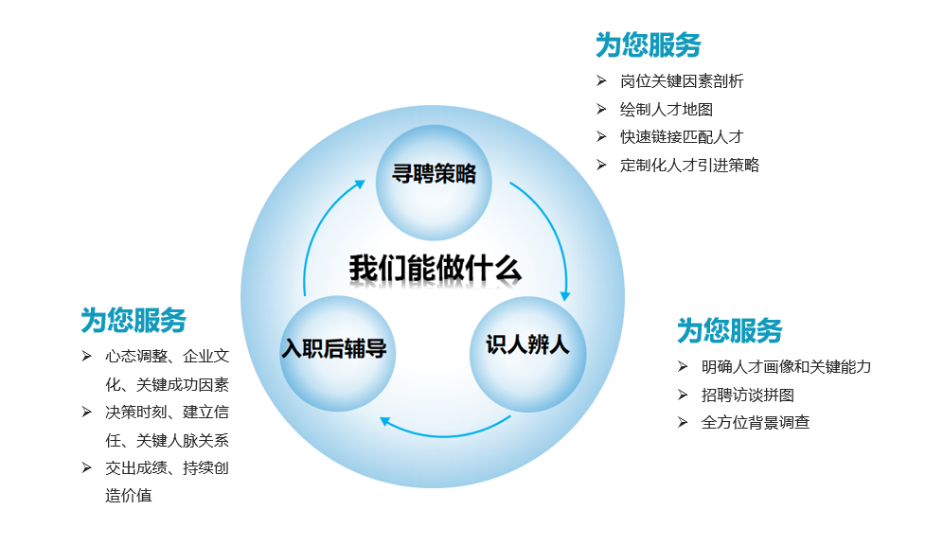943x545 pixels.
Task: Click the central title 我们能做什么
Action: pyautogui.click(x=435, y=268)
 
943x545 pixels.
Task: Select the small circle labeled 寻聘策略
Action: pyautogui.click(x=434, y=182)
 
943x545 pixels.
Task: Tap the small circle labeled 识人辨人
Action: pyautogui.click(x=528, y=354)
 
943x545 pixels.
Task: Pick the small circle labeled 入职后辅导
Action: pyautogui.click(x=337, y=354)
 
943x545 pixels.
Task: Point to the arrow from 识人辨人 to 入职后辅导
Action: pyautogui.click(x=445, y=435)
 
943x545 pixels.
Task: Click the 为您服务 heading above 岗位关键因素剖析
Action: pyautogui.click(x=649, y=45)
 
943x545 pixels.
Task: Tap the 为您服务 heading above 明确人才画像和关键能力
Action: pyautogui.click(x=730, y=330)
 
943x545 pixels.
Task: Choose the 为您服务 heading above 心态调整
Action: pyautogui.click(x=133, y=320)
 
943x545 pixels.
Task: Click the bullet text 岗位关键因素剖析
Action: pyautogui.click(x=682, y=81)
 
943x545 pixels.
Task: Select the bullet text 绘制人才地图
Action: pyautogui.click(x=667, y=110)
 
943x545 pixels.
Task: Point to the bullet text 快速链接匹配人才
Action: pyautogui.click(x=682, y=137)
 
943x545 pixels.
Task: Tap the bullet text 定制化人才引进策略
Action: pyautogui.click(x=690, y=166)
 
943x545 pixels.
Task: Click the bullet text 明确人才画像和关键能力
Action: pyautogui.click(x=786, y=366)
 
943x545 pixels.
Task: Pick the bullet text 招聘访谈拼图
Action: pyautogui.click(x=748, y=395)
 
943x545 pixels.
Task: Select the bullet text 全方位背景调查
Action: pyautogui.click(x=756, y=422)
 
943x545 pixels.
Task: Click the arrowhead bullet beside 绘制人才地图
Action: pyautogui.click(x=601, y=109)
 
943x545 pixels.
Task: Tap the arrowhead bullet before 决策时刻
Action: pyautogui.click(x=86, y=412)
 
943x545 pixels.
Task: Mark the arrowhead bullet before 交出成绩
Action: pyautogui.click(x=86, y=467)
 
